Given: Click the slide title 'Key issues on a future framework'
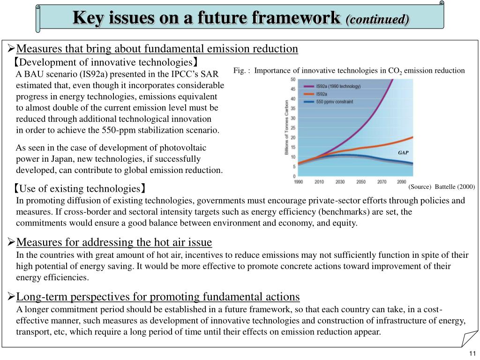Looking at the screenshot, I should click(206, 18).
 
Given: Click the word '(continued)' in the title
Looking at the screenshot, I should click(377, 19).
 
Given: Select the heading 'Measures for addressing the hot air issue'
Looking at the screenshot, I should click(114, 242).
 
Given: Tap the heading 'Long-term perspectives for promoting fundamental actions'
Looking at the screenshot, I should click(158, 297).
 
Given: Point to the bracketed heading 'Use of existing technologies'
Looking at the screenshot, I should click(80, 189).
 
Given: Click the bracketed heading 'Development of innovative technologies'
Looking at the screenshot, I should click(106, 62).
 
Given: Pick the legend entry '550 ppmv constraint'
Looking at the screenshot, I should click(334, 102).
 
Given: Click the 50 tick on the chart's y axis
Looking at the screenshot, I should click(293, 79).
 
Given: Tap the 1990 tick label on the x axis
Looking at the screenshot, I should click(298, 182).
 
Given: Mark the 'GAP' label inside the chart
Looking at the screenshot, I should click(403, 153).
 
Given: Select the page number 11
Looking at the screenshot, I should click(472, 353).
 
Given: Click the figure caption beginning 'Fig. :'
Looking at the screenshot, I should click(349, 71).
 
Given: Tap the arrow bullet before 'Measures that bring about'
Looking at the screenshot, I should click(12, 48).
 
